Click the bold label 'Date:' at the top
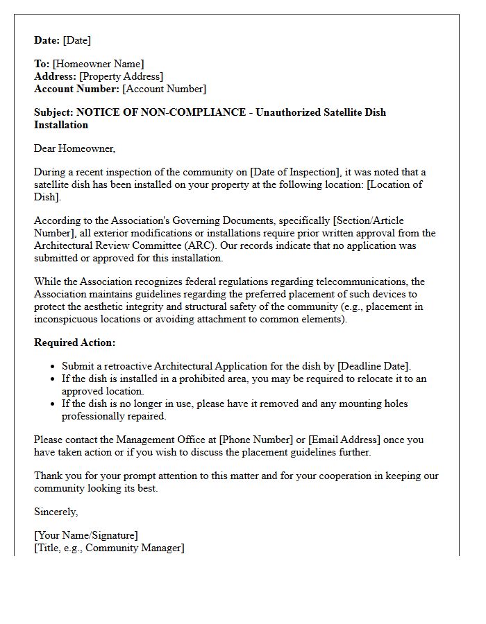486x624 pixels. click(47, 40)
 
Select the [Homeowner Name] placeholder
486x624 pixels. click(99, 64)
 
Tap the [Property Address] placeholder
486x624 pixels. click(121, 76)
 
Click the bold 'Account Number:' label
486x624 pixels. click(76, 89)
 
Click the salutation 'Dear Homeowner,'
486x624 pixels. click(75, 148)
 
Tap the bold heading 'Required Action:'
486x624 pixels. click(75, 343)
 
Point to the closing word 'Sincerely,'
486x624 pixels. click(56, 512)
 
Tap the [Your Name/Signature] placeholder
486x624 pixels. click(86, 535)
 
